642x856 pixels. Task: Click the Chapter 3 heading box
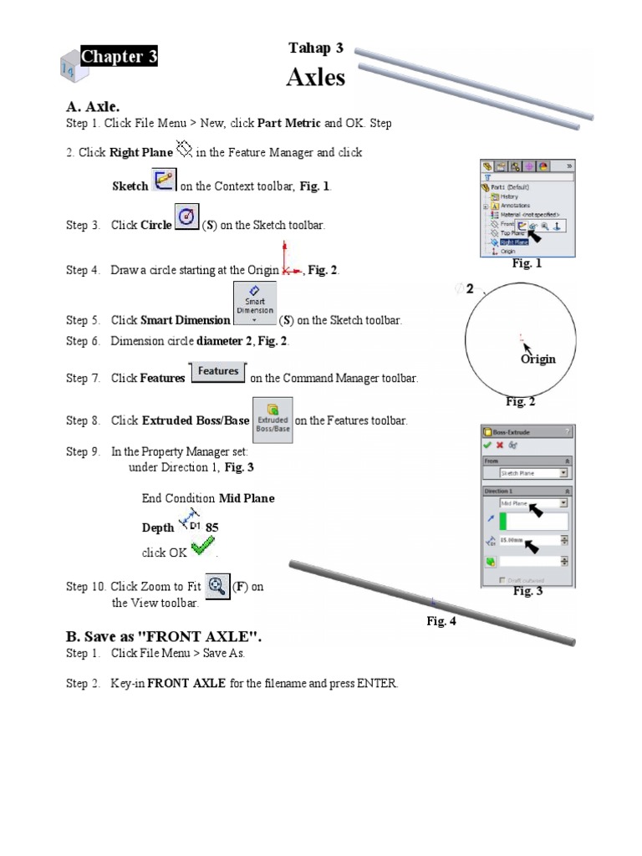[119, 57]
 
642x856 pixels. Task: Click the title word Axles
[315, 77]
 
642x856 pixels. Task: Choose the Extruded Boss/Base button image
[272, 420]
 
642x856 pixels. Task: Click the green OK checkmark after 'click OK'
[202, 548]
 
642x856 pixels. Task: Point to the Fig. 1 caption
[527, 263]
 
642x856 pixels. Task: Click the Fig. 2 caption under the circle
[520, 401]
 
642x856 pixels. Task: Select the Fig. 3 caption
[527, 591]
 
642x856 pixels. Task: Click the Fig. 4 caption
[441, 621]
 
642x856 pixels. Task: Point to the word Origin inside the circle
[538, 359]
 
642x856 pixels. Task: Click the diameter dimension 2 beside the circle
[470, 289]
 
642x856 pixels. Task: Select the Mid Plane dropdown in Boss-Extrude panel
[533, 503]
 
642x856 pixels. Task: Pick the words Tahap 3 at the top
[315, 48]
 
